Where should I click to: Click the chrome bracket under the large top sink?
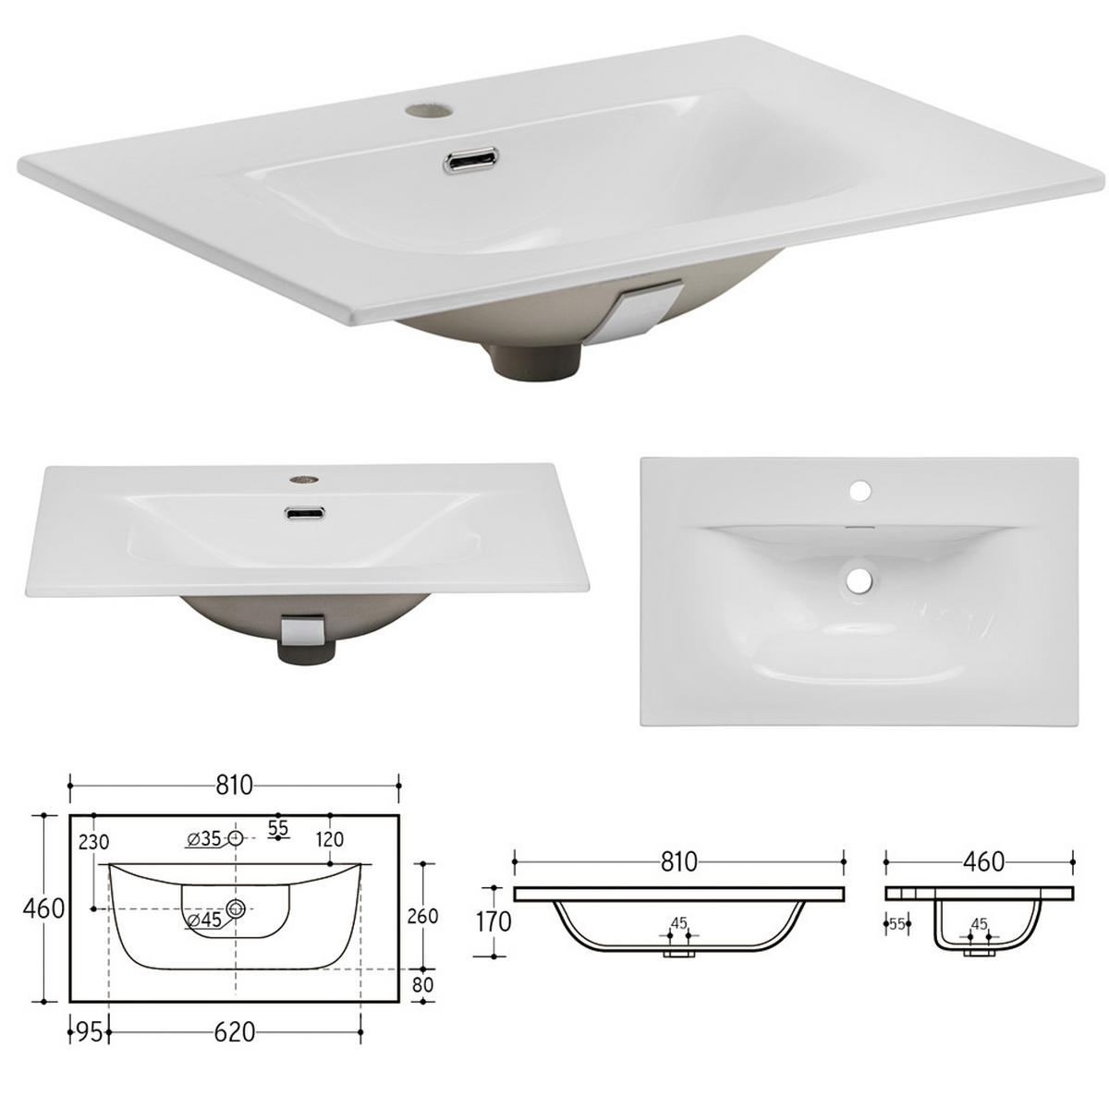point(648,314)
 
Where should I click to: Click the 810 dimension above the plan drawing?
point(234,786)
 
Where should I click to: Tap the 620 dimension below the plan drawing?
point(234,1031)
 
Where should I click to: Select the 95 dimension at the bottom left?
point(88,1031)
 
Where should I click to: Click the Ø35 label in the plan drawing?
point(204,839)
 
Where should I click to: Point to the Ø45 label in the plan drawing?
point(204,920)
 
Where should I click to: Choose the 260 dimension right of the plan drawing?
point(422,917)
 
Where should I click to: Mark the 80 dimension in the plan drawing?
point(422,985)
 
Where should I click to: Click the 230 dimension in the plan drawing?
point(93,842)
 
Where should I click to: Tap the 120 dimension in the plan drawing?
point(329,840)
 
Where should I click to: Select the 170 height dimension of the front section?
point(494,921)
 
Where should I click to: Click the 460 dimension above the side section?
point(982,861)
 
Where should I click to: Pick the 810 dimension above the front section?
point(678,861)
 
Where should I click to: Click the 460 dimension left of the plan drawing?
point(43,908)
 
